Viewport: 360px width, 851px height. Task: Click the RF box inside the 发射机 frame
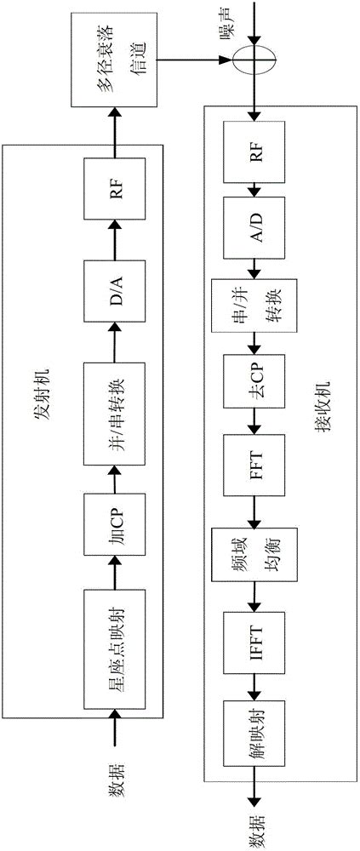120,197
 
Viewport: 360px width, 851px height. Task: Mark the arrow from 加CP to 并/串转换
120,469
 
